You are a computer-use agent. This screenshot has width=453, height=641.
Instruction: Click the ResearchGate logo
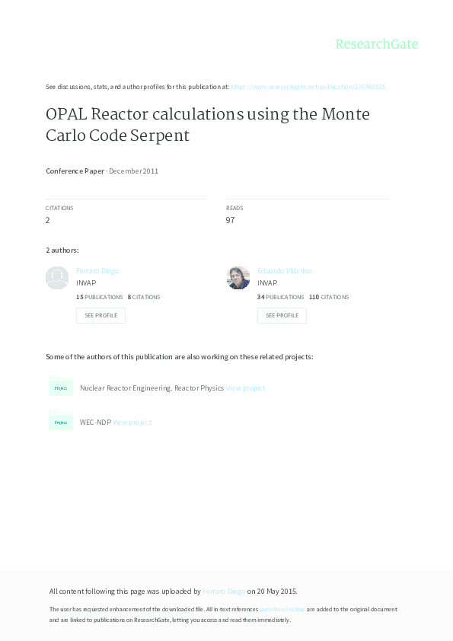point(377,44)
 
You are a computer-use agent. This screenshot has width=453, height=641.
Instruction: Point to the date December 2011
point(134,171)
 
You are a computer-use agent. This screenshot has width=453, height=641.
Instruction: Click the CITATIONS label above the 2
point(59,208)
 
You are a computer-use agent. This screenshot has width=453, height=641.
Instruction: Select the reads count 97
point(230,220)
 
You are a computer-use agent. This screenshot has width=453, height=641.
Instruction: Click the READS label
point(234,208)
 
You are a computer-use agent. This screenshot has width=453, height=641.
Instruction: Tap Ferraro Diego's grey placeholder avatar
point(57,278)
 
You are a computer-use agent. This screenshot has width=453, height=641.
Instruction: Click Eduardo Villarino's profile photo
point(238,278)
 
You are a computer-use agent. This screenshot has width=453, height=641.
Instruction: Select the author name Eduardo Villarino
point(285,271)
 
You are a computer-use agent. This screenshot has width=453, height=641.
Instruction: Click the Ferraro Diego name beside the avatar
point(97,271)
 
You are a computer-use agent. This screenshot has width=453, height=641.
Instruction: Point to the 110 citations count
point(314,297)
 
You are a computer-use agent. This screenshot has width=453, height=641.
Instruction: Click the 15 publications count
point(80,297)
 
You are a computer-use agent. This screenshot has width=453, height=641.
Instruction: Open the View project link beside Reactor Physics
point(246,388)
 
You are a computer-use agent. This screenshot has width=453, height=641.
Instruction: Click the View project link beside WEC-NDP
point(132,423)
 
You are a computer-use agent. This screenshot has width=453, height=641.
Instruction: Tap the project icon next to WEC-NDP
point(61,422)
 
